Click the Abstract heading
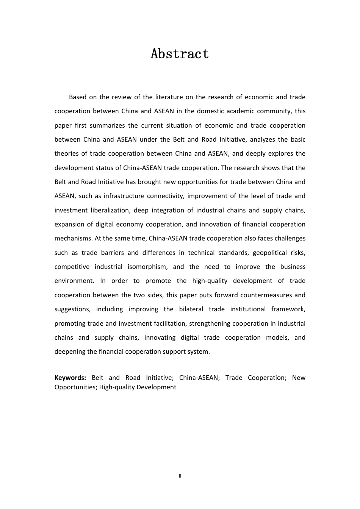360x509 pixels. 180,54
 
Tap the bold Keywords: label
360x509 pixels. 70,378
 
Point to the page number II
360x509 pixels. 180,476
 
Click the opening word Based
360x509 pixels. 77,97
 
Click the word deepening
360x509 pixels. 69,351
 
